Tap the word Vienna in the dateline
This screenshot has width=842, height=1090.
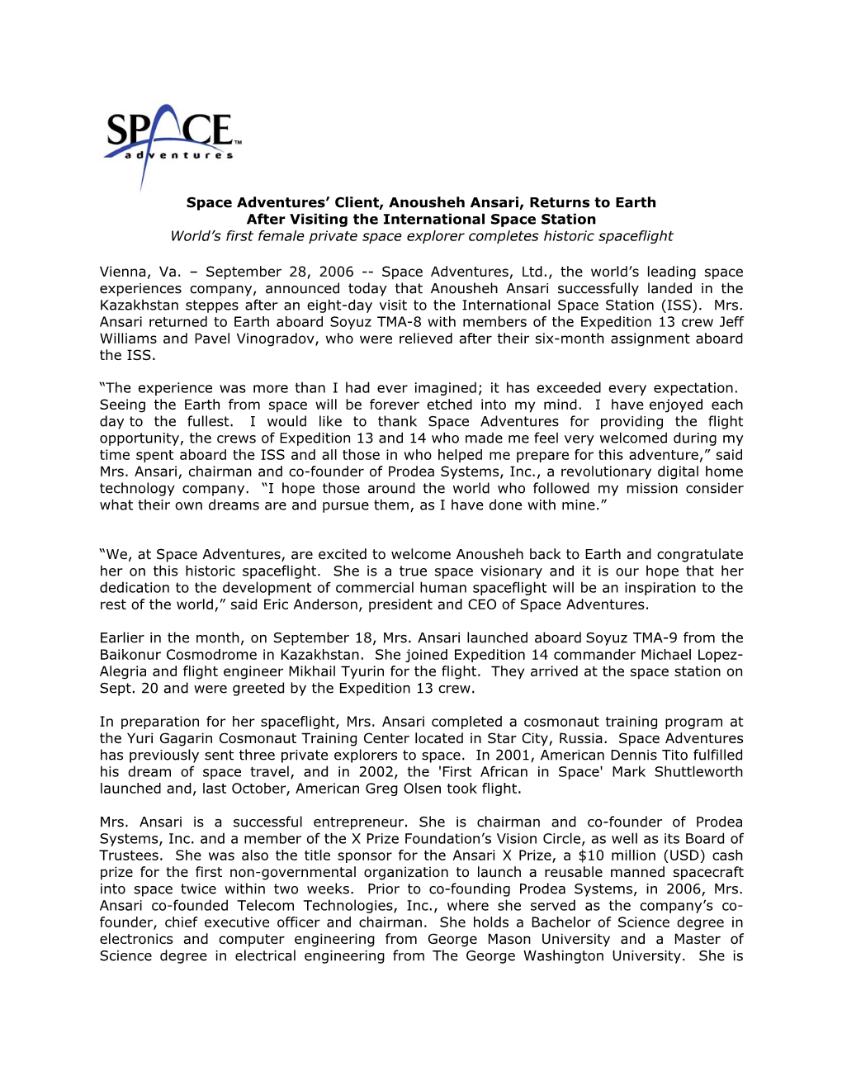point(124,272)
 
